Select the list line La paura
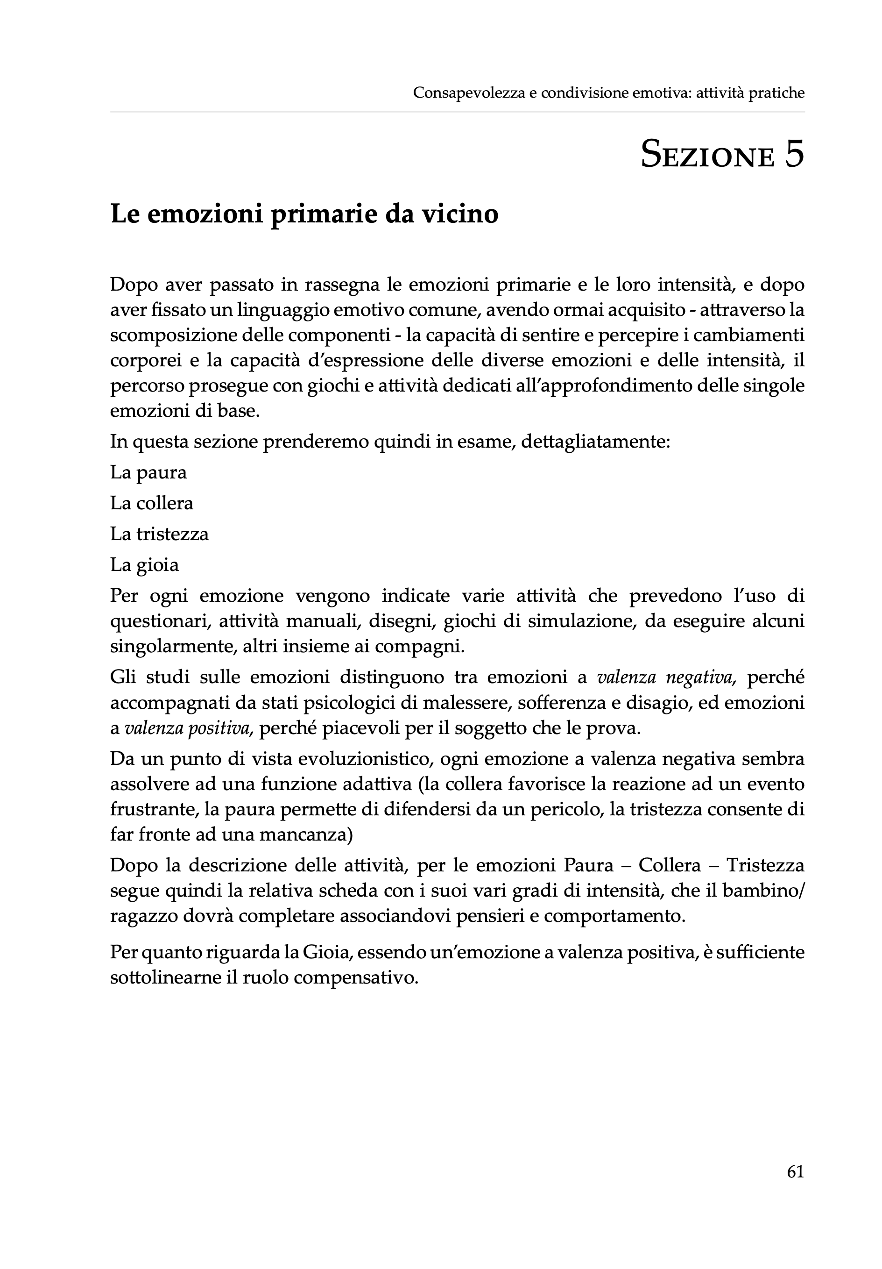pyautogui.click(x=148, y=472)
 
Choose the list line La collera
pyautogui.click(x=152, y=504)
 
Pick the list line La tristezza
pyautogui.click(x=160, y=535)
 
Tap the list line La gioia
pyautogui.click(x=145, y=565)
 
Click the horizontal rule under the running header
pyautogui.click(x=457, y=112)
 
